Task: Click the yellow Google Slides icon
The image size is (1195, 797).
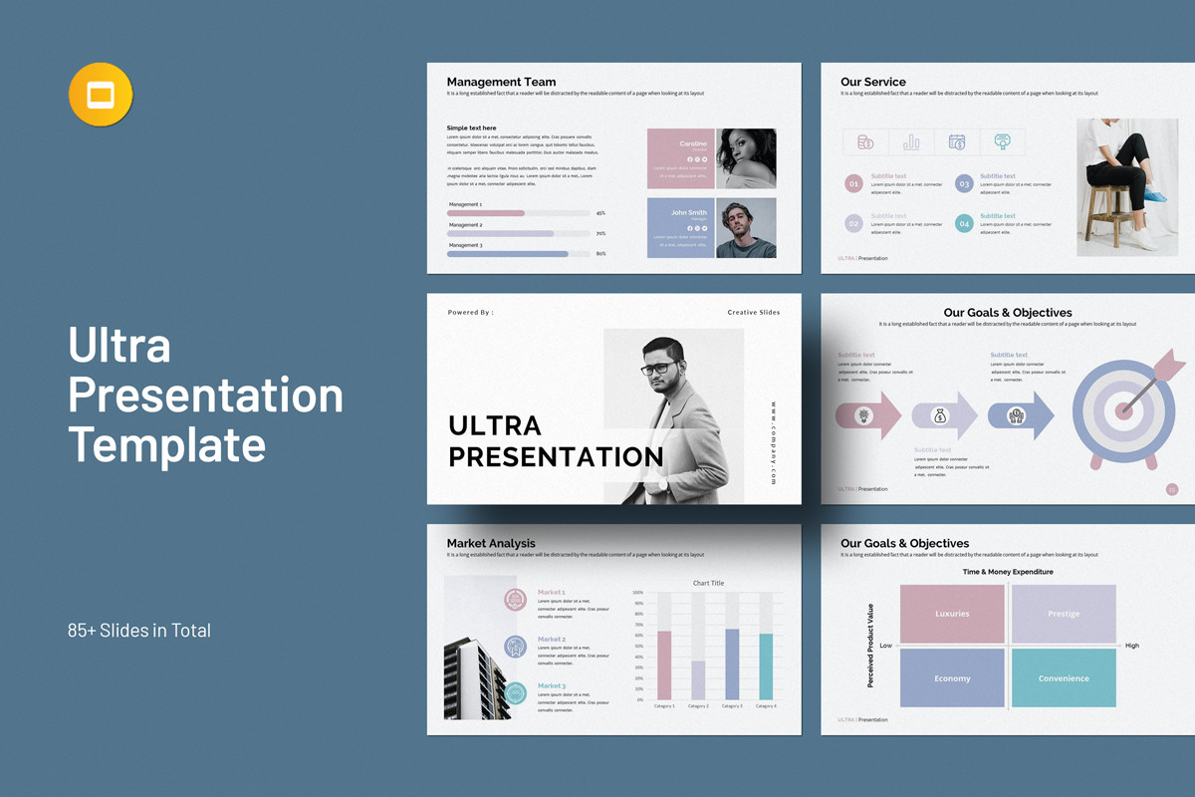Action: tap(101, 95)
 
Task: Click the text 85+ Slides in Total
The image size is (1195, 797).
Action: tap(139, 630)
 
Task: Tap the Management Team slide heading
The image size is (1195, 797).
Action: tap(501, 82)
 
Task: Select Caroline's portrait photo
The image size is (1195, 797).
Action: tap(746, 158)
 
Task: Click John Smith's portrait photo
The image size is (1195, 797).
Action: tap(746, 227)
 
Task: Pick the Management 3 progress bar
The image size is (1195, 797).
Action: tap(508, 254)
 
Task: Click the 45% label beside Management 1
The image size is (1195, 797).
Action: tap(600, 213)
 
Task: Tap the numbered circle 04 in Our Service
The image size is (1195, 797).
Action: tap(963, 224)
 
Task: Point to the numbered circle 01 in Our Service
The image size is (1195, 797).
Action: tap(853, 183)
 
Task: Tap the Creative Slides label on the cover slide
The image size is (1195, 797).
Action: tap(753, 313)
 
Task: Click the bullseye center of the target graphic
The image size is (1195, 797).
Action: tap(1124, 408)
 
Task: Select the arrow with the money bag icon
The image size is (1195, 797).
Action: tap(944, 415)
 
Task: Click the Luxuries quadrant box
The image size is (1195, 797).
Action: tap(952, 614)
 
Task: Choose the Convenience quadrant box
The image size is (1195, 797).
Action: tap(1064, 677)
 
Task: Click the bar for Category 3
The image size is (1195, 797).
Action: tap(732, 664)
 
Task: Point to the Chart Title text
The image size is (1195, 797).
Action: tap(708, 583)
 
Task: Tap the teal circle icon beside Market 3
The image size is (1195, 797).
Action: tap(515, 693)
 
